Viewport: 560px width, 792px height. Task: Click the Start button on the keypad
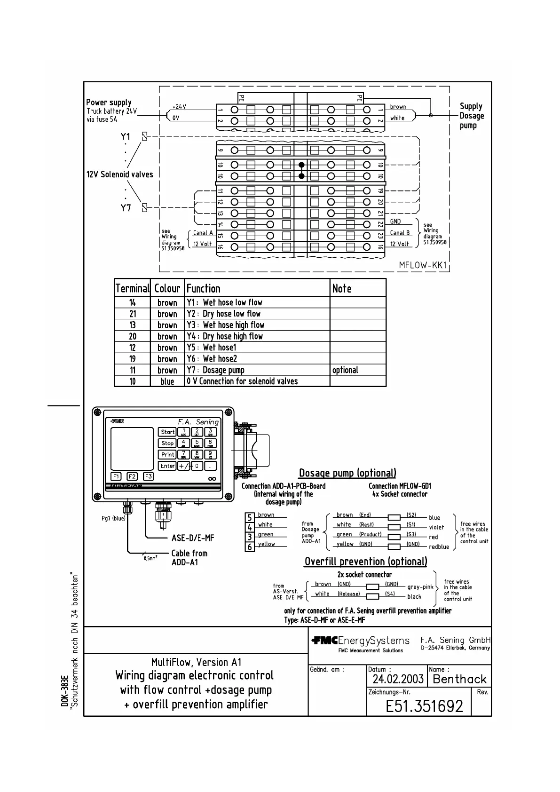pyautogui.click(x=167, y=432)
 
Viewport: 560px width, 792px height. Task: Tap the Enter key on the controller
pyautogui.click(x=167, y=466)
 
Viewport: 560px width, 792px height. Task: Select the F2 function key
pyautogui.click(x=132, y=476)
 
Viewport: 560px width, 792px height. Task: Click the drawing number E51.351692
pyautogui.click(x=424, y=706)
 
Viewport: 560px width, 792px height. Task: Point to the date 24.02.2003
pyautogui.click(x=398, y=679)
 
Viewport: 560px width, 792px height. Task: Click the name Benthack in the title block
pyautogui.click(x=459, y=679)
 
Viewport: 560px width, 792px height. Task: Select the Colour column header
pyautogui.click(x=167, y=288)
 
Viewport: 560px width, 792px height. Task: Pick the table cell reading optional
pyautogui.click(x=345, y=370)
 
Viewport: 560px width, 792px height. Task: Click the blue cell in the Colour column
pyautogui.click(x=167, y=381)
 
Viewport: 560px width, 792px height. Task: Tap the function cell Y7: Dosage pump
pyautogui.click(x=215, y=370)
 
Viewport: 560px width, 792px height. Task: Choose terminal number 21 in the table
pyautogui.click(x=133, y=314)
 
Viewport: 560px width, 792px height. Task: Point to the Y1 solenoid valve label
pyautogui.click(x=125, y=137)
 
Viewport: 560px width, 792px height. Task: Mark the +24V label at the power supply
pyautogui.click(x=179, y=107)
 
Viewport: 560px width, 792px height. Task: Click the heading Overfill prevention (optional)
pyautogui.click(x=366, y=562)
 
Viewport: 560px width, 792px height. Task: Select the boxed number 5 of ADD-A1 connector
pyautogui.click(x=250, y=517)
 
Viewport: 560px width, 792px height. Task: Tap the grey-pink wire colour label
pyautogui.click(x=420, y=587)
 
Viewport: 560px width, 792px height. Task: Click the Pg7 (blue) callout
pyautogui.click(x=113, y=518)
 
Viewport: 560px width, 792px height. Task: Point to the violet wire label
pyautogui.click(x=436, y=527)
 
